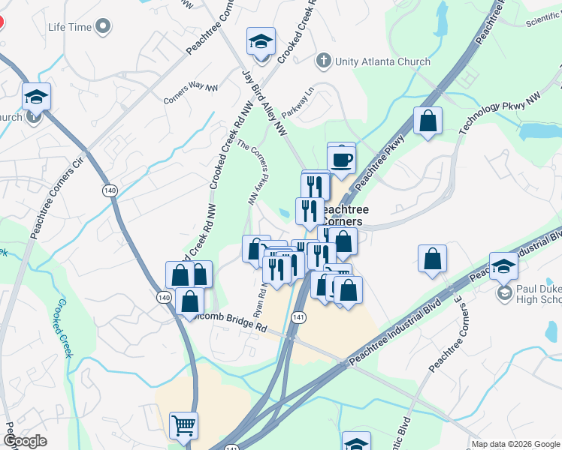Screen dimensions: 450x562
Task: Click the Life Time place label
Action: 70,27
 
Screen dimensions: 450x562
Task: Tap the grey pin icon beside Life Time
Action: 104,28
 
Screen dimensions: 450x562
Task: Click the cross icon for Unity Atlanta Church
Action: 324,61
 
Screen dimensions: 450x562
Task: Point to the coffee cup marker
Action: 341,160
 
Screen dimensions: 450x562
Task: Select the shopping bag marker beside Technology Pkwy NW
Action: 428,121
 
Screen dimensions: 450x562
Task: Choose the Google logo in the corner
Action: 25,441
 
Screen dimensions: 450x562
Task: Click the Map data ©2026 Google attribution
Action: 515,444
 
